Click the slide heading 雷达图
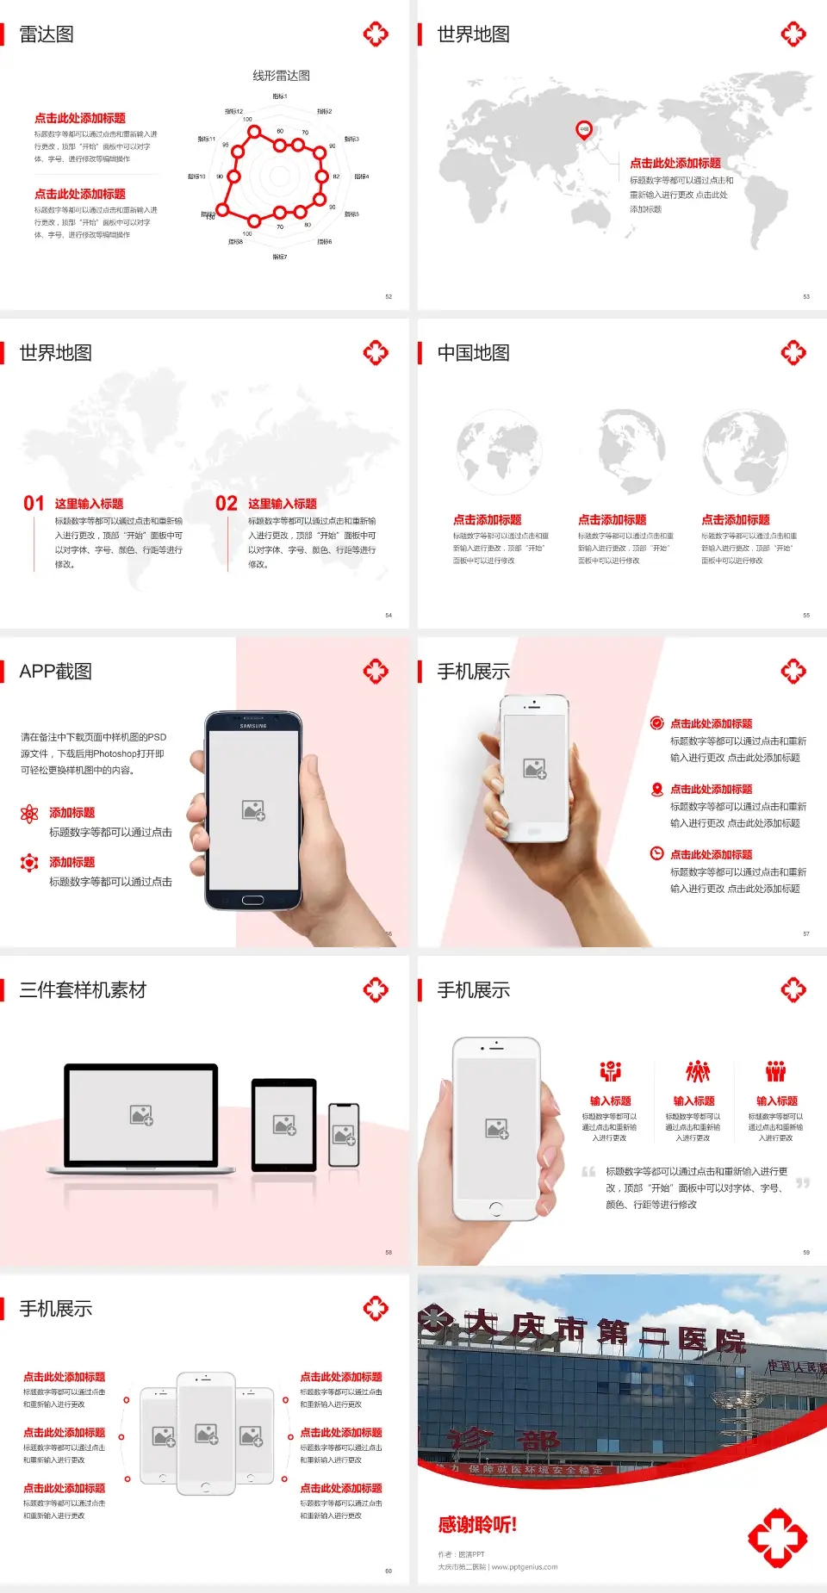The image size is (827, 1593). (x=47, y=34)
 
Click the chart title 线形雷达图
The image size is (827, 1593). (x=281, y=76)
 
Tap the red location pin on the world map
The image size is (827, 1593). (x=584, y=130)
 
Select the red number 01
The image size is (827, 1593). (x=34, y=504)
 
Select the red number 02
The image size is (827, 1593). (x=227, y=504)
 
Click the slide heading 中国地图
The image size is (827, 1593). (x=473, y=353)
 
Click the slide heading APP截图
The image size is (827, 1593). (x=55, y=672)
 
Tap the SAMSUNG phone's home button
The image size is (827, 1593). (x=252, y=900)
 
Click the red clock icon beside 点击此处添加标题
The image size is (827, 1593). (x=656, y=853)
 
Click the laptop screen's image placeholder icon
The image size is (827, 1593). (x=141, y=1115)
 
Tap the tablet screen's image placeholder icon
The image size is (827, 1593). (x=284, y=1125)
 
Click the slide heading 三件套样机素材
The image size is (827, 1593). (x=83, y=990)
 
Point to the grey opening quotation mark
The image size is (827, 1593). (x=588, y=1172)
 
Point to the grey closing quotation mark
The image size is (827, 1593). (x=803, y=1183)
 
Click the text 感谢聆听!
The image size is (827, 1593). (x=477, y=1525)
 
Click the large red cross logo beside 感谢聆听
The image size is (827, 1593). (x=777, y=1537)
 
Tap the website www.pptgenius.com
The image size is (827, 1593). (x=525, y=1567)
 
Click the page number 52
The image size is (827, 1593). (x=389, y=296)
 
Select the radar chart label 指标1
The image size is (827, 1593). (x=280, y=96)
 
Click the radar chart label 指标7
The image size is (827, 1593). (x=280, y=257)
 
